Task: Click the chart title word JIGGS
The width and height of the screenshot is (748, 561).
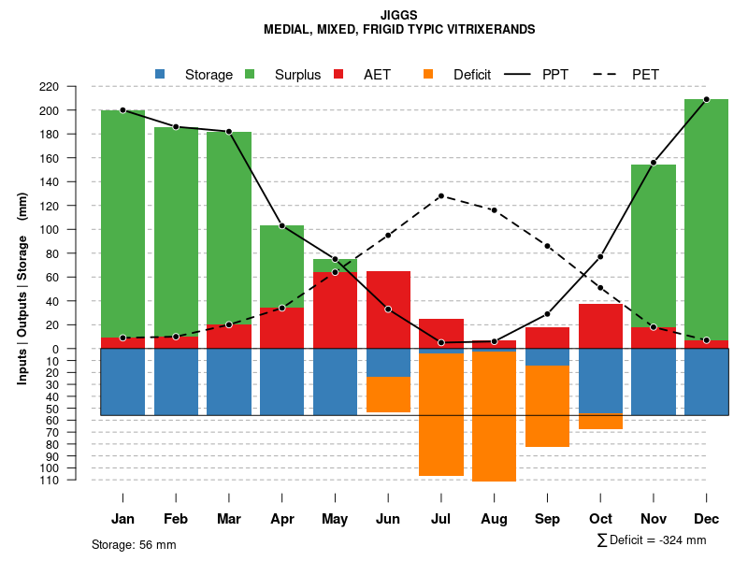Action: click(x=399, y=15)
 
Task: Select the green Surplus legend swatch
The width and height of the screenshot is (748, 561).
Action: click(x=250, y=74)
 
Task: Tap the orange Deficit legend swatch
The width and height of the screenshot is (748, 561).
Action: click(x=428, y=74)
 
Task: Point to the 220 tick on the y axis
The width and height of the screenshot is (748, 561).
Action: click(x=75, y=86)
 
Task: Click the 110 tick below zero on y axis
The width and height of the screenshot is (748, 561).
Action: click(x=75, y=480)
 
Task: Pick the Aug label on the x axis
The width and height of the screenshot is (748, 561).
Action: click(x=494, y=519)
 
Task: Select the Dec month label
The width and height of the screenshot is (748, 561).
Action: click(x=706, y=519)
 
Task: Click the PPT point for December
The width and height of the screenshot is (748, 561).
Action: click(x=706, y=99)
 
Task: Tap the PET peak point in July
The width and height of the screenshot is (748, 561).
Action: click(x=440, y=195)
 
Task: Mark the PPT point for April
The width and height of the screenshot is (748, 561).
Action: click(x=281, y=225)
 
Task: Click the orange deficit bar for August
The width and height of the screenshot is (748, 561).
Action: click(x=494, y=416)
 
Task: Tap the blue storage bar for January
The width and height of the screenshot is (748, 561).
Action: click(x=122, y=381)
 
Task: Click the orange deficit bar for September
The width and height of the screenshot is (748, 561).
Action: click(x=547, y=406)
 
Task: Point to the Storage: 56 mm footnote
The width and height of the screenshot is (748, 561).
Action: click(x=134, y=544)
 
